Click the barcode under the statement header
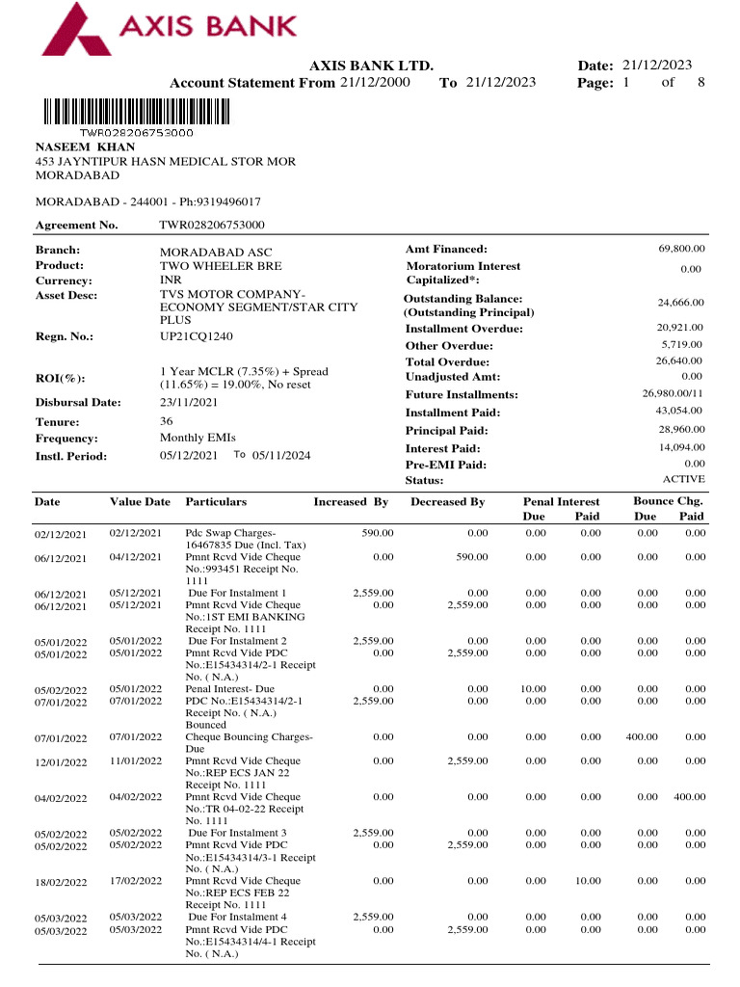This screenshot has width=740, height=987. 136,112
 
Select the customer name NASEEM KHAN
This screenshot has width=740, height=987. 85,147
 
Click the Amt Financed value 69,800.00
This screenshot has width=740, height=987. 680,249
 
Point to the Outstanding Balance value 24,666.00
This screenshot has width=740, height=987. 680,303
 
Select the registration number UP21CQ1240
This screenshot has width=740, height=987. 196,336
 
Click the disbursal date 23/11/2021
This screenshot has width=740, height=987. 188,402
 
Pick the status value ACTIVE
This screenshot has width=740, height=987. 683,479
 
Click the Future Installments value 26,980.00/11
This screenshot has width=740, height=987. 674,393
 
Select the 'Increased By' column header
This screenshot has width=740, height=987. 351,502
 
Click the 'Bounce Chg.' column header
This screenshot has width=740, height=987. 668,501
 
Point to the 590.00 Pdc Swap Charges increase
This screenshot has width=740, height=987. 377,533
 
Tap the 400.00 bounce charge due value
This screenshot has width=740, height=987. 641,737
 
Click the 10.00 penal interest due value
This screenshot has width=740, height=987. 534,689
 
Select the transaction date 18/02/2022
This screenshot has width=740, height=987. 61,882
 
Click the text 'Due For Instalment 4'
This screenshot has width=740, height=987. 237,917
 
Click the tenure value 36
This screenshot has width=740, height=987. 166,421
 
